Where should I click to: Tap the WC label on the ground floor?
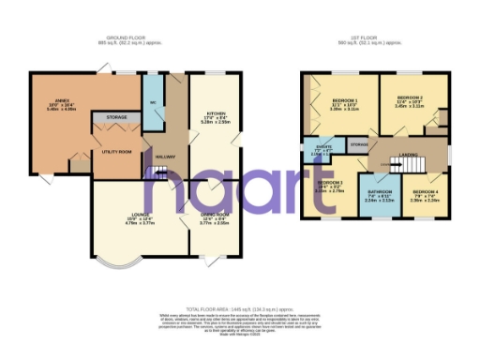click(x=151, y=103)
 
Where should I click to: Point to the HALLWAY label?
click(x=166, y=157)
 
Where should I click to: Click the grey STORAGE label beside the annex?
click(x=117, y=117)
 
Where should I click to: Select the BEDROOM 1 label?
click(x=345, y=100)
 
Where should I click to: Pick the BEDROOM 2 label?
click(x=410, y=97)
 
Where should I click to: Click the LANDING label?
click(x=408, y=154)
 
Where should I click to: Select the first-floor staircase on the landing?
click(x=394, y=166)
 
